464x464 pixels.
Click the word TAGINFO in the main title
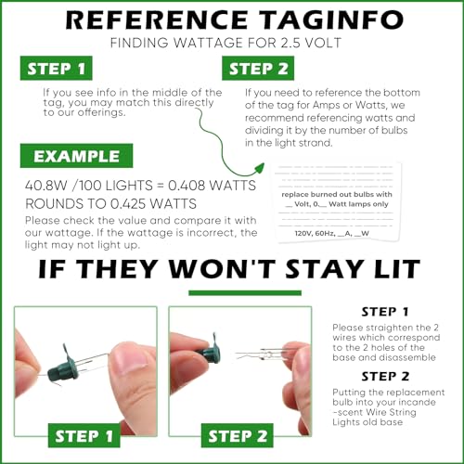tap(330, 20)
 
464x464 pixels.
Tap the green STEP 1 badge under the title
tap(57, 68)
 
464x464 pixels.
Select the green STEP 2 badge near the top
tap(258, 68)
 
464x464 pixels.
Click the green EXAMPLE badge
tap(76, 156)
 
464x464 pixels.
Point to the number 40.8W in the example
tap(46, 186)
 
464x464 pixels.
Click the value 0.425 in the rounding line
tap(128, 204)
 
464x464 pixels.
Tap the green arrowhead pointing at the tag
tap(259, 169)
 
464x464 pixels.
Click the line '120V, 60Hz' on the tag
tap(315, 233)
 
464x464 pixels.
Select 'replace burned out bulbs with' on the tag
tap(337, 194)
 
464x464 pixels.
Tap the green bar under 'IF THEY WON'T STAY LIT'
tap(245, 292)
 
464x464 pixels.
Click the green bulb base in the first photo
tap(61, 366)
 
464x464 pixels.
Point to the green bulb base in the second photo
tap(210, 351)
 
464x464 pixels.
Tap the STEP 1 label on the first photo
tap(84, 435)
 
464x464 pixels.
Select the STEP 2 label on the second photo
tap(238, 435)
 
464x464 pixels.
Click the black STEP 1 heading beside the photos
tap(385, 312)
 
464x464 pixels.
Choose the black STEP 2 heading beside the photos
tap(385, 377)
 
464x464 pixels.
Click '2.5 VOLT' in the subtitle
tap(311, 43)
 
